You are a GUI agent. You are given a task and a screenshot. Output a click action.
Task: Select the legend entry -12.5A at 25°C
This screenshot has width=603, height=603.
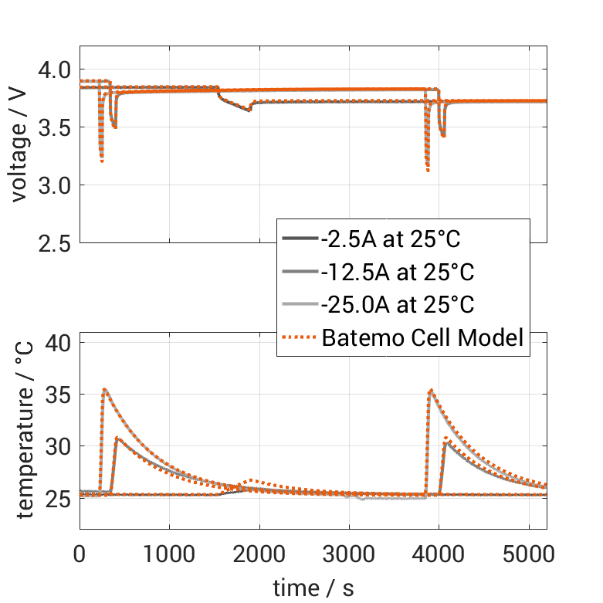[x=397, y=273]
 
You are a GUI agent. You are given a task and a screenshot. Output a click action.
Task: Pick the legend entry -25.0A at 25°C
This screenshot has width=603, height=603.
[x=397, y=305]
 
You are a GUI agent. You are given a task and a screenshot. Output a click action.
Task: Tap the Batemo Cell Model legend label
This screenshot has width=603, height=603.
[x=423, y=337]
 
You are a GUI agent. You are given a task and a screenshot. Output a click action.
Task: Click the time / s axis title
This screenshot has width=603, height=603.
[x=313, y=588]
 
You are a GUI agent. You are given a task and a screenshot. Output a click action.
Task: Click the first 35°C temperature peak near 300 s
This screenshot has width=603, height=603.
[x=104, y=389]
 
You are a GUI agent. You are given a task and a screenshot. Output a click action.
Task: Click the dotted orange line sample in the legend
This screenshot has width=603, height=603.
[x=300, y=337]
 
